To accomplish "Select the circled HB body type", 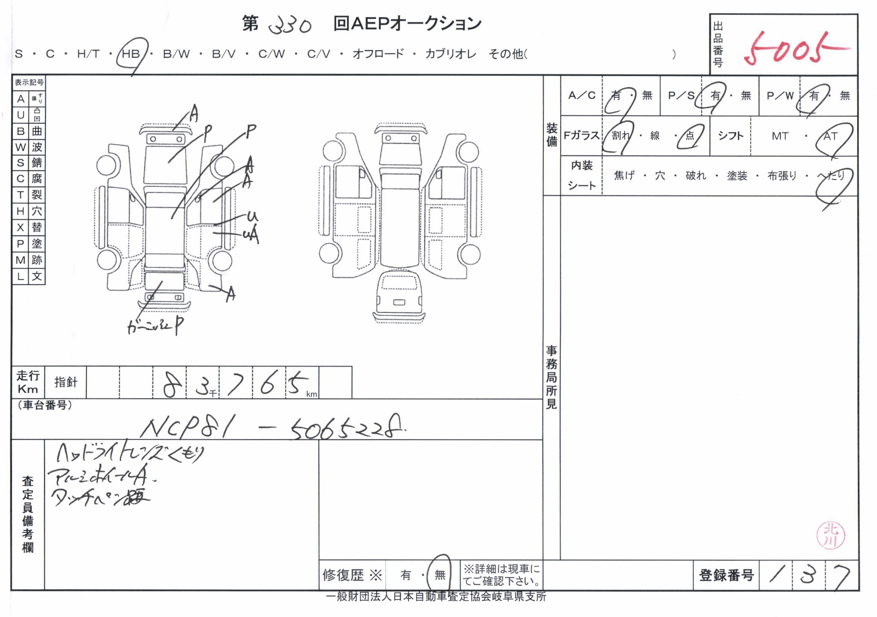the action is click(131, 54).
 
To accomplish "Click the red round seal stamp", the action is click(831, 535).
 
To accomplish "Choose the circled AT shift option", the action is click(830, 136).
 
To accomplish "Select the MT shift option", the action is click(780, 136).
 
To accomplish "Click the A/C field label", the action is click(582, 95).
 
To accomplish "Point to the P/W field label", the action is click(780, 95).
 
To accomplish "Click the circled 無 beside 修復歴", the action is click(440, 575).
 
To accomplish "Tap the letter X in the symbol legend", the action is click(21, 228).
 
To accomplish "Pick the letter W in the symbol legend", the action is click(21, 147).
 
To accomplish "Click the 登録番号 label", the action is click(726, 575).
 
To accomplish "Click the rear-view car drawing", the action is click(399, 296).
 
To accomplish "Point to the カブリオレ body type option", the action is click(451, 54).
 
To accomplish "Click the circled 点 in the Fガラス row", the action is click(690, 136).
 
